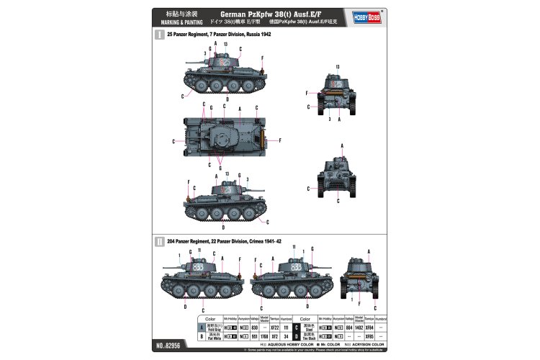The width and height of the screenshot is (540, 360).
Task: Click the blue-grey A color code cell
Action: point(200,327)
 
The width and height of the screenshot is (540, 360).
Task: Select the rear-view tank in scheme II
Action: point(359,274)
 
